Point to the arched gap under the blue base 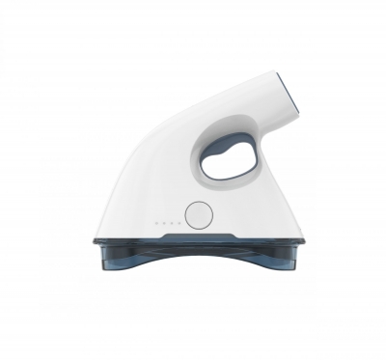point(198,280)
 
